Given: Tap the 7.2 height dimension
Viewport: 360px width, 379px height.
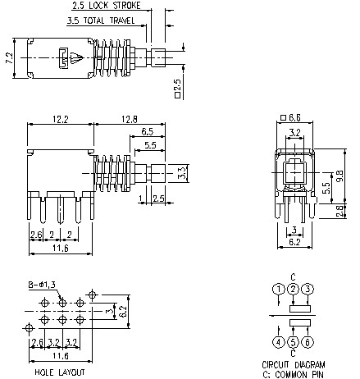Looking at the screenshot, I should point(7,58).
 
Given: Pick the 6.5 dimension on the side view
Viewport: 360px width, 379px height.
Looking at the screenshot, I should point(148,131).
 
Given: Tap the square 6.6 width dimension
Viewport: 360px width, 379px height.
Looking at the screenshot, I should point(298,118).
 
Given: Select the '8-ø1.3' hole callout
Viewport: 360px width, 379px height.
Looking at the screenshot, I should point(44,284).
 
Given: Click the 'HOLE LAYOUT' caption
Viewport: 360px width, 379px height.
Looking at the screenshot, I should point(58,372).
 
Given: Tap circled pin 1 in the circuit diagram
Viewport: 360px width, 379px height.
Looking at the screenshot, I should point(279,289).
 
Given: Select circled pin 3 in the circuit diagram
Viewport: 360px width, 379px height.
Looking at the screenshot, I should point(307,289).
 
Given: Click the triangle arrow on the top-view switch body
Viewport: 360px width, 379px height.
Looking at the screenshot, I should point(75,57).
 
